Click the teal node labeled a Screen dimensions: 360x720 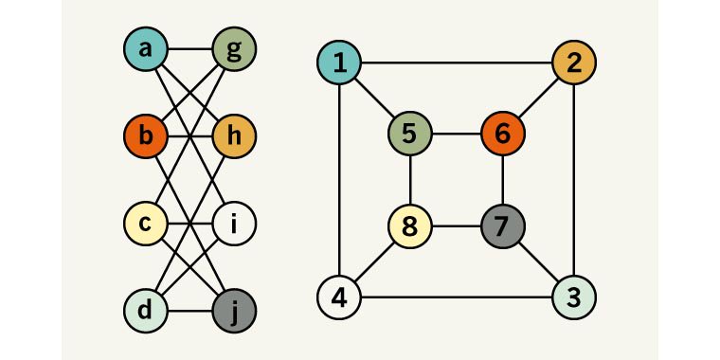(146, 48)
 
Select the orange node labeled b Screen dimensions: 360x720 (146, 136)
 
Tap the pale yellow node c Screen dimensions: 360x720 (146, 225)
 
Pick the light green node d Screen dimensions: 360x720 (146, 310)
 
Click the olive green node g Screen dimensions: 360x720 (234, 48)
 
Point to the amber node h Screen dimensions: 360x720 (234, 136)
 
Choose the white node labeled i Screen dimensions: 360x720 (234, 225)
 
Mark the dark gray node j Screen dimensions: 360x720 (234, 310)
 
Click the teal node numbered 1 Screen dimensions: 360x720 (340, 63)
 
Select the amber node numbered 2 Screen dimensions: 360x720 (574, 63)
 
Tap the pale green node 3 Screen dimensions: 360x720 (574, 297)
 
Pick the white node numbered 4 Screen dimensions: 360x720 (340, 297)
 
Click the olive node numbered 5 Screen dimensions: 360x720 (409, 134)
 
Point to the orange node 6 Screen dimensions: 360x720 (503, 134)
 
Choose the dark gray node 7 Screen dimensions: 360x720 (503, 226)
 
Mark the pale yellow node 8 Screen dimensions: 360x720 (409, 226)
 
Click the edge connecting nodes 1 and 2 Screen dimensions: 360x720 (457, 63)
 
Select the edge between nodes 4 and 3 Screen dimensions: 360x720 (457, 297)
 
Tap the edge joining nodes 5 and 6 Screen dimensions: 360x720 (456, 134)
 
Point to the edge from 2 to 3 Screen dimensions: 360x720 (574, 180)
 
